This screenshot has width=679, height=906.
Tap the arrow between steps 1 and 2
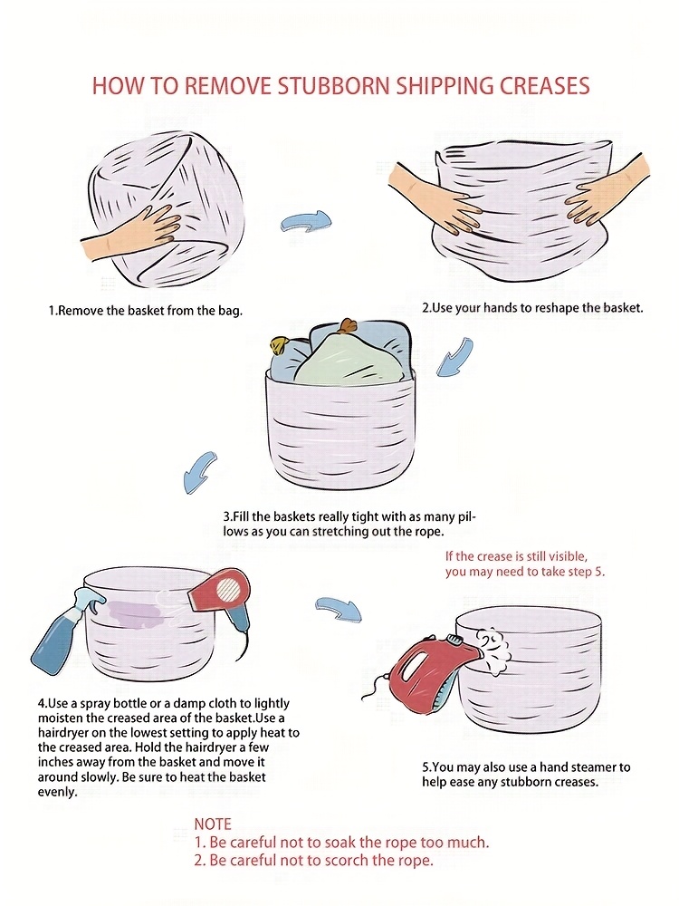pos(306,221)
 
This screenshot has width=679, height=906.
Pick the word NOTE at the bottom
pos(213,824)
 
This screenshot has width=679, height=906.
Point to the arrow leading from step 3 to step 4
pos(198,470)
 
